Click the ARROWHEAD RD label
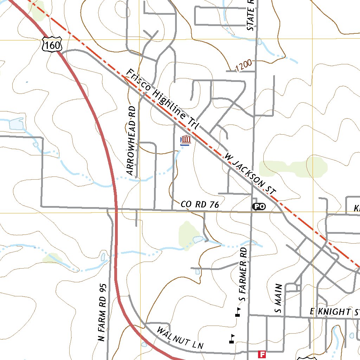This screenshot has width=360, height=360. point(131,141)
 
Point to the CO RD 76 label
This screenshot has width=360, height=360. point(200,204)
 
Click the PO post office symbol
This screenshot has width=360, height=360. point(259,207)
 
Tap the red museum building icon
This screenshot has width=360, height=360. point(186,140)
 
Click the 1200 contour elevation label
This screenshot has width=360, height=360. point(243,65)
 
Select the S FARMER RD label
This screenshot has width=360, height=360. point(243,274)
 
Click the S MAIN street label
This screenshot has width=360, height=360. point(278,298)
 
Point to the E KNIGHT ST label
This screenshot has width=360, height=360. point(334,312)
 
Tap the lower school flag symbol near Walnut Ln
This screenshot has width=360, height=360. point(232,338)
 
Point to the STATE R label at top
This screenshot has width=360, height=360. point(251,15)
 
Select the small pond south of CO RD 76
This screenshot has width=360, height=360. point(198,240)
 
